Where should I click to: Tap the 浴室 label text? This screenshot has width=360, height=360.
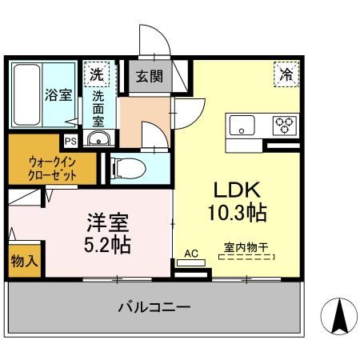coord(57,94)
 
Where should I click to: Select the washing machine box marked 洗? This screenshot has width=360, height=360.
coord(96,74)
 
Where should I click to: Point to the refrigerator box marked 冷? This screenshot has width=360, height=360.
coord(285,74)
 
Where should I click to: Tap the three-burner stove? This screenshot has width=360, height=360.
coord(284,125)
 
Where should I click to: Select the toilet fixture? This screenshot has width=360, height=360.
coord(127,168)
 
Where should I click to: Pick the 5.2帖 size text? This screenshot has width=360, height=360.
coord(106,243)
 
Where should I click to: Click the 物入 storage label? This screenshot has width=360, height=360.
coord(23,262)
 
